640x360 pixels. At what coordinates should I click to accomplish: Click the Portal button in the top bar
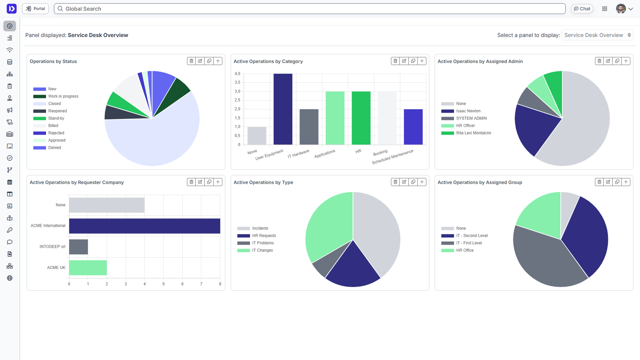pos(35,9)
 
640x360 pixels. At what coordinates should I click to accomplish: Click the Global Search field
pos(310,9)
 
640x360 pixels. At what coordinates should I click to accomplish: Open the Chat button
pos(582,9)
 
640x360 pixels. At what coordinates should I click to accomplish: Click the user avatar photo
pos(621,9)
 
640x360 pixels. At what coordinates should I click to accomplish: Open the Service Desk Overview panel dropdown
pos(597,35)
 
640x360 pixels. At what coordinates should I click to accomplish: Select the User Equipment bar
pos(283,109)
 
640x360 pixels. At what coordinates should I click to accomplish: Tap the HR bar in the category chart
pos(361,118)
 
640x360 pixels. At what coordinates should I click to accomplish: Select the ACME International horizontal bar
pos(145,226)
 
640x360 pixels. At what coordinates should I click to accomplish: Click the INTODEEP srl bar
pos(79,247)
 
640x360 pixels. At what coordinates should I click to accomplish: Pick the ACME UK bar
pos(88,268)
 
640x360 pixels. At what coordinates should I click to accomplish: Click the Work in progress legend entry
pos(63,96)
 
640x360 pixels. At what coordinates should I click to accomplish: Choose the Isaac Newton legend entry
pos(468,111)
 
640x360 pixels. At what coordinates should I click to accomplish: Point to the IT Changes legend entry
pos(262,250)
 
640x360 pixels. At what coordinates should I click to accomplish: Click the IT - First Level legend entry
pos(469,243)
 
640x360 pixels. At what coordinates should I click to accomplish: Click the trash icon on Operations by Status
pos(191,61)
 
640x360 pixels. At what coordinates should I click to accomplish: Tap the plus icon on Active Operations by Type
pos(422,182)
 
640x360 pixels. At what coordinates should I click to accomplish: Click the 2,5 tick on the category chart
pos(237,100)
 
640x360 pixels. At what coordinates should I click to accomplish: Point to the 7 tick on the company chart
pos(201,284)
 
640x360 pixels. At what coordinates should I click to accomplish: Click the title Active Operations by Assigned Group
pos(480,182)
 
